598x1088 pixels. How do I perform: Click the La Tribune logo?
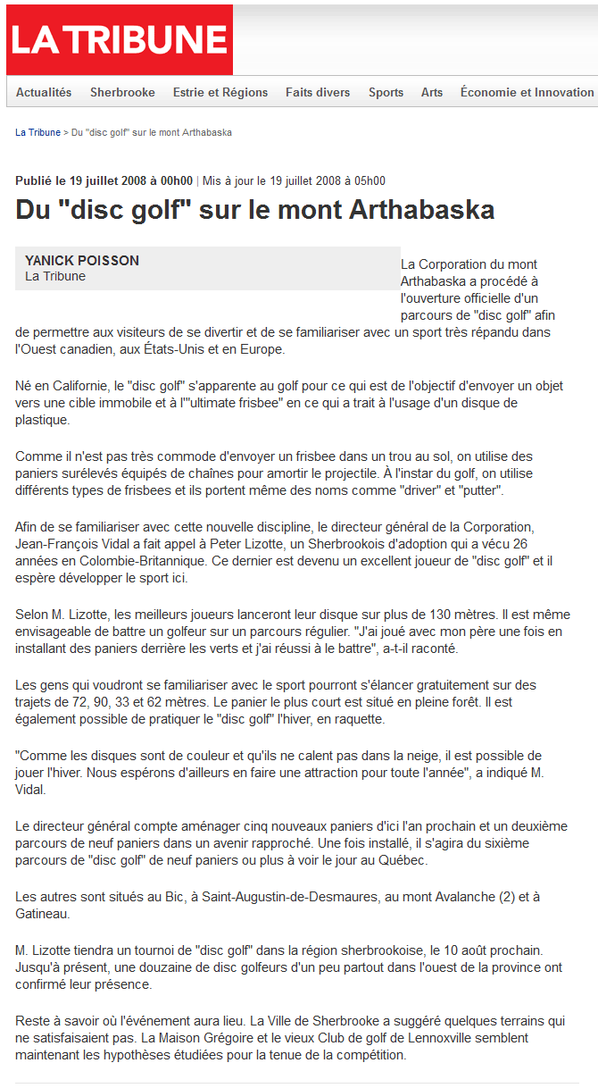pyautogui.click(x=119, y=40)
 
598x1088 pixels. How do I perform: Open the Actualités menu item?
pyautogui.click(x=44, y=92)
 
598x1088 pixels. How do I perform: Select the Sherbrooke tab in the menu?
pyautogui.click(x=122, y=92)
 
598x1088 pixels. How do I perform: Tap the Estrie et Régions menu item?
pyautogui.click(x=220, y=92)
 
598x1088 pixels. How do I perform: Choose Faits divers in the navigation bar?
pyautogui.click(x=318, y=92)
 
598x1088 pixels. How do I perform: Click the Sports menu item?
pyautogui.click(x=386, y=92)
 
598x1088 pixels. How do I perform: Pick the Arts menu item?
pyautogui.click(x=432, y=92)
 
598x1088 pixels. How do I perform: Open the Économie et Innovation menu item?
pyautogui.click(x=527, y=92)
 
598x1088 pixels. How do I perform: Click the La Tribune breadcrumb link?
pyautogui.click(x=37, y=132)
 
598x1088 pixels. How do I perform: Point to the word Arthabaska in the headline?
pyautogui.click(x=422, y=210)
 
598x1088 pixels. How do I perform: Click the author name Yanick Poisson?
pyautogui.click(x=82, y=261)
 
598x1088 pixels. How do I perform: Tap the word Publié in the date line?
pyautogui.click(x=34, y=180)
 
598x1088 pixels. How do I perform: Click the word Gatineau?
pyautogui.click(x=42, y=914)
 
